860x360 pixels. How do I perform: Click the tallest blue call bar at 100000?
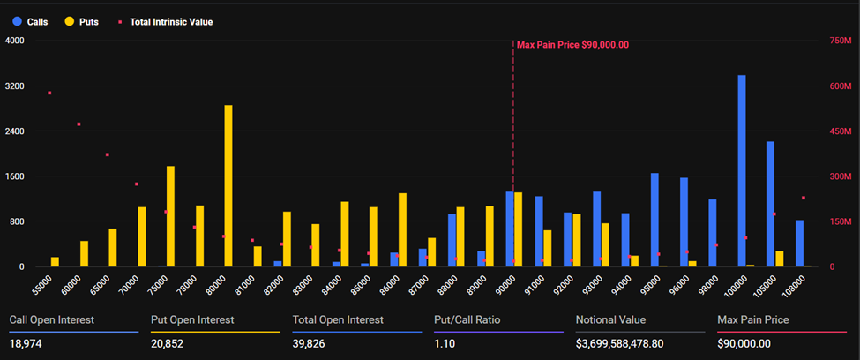(742, 170)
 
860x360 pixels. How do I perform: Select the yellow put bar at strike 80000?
(228, 185)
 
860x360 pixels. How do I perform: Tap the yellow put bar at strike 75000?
(170, 216)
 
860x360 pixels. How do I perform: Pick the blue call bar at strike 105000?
(770, 204)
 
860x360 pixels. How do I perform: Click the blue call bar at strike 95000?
(654, 220)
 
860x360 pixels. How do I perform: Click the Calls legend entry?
(30, 20)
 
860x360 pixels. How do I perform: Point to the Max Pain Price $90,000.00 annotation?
(572, 44)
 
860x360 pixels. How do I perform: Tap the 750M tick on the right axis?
(841, 41)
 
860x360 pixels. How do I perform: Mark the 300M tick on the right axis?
(841, 176)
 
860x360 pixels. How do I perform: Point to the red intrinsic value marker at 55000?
(49, 93)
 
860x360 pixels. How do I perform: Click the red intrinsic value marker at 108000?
(803, 198)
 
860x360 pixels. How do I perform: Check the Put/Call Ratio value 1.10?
(445, 343)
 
